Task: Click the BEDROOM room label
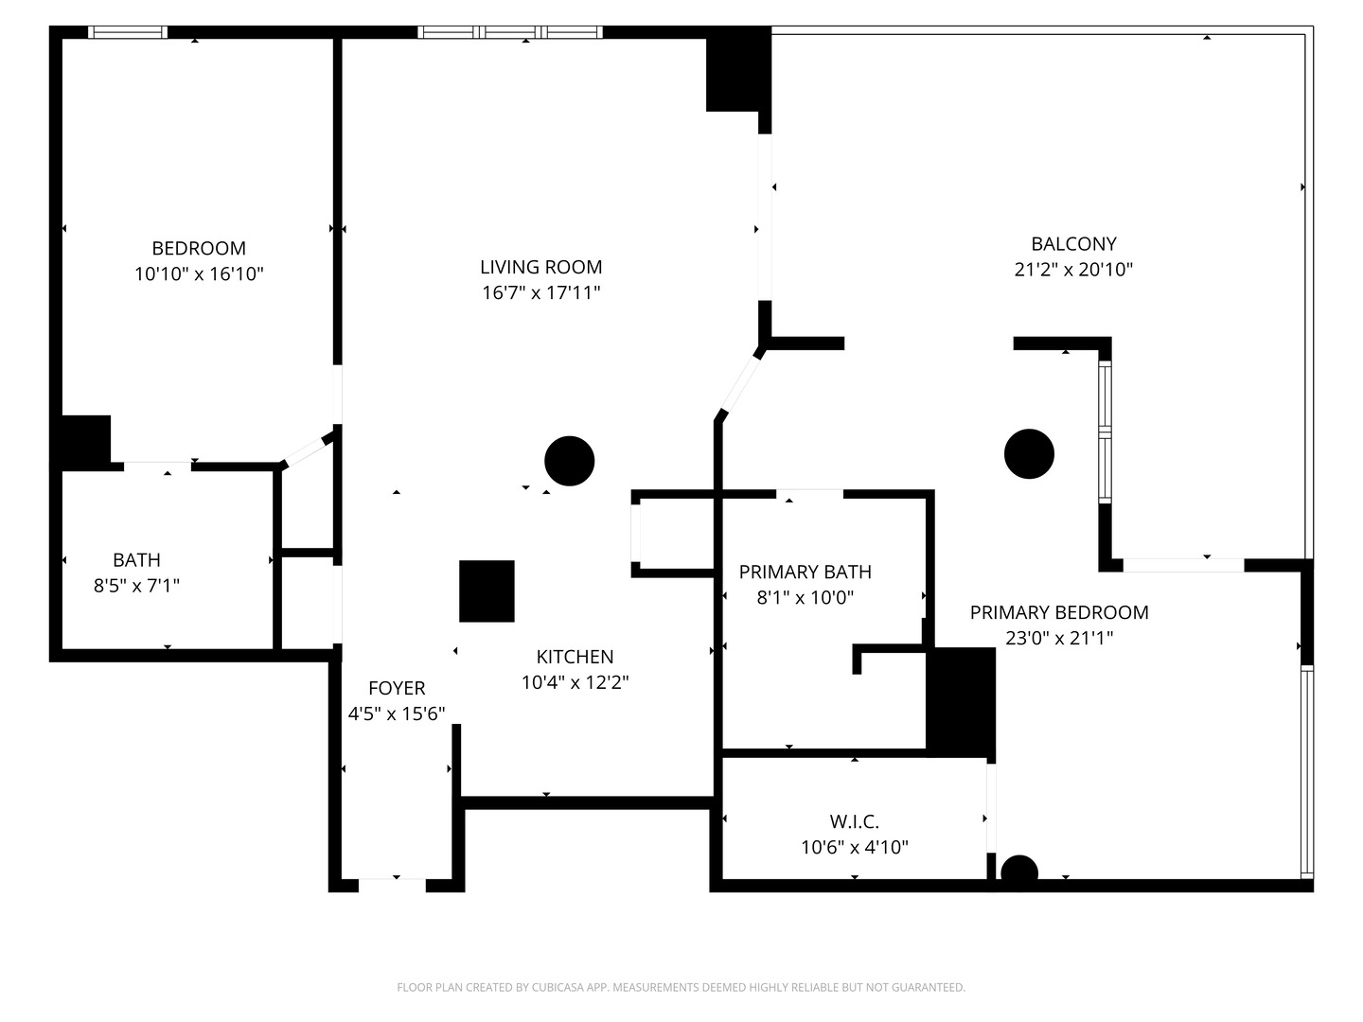(x=199, y=248)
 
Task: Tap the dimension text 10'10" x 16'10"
(x=199, y=274)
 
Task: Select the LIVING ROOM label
(x=540, y=267)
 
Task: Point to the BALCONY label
(x=1073, y=243)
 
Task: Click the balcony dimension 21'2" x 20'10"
(x=1073, y=270)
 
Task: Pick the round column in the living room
(x=570, y=461)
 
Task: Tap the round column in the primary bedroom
(x=1029, y=453)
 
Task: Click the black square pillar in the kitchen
(x=487, y=591)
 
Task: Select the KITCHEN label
(x=575, y=657)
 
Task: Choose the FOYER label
(x=397, y=688)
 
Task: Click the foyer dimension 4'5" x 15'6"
(x=397, y=714)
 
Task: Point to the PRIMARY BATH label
(x=805, y=572)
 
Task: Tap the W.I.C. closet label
(x=854, y=821)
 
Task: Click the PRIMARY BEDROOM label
(x=1059, y=612)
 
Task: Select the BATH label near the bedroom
(x=136, y=559)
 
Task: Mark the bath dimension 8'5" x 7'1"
(x=136, y=586)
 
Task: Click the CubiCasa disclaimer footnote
(x=681, y=987)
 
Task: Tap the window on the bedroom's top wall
(x=128, y=32)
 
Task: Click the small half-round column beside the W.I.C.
(x=1019, y=871)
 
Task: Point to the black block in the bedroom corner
(x=86, y=440)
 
